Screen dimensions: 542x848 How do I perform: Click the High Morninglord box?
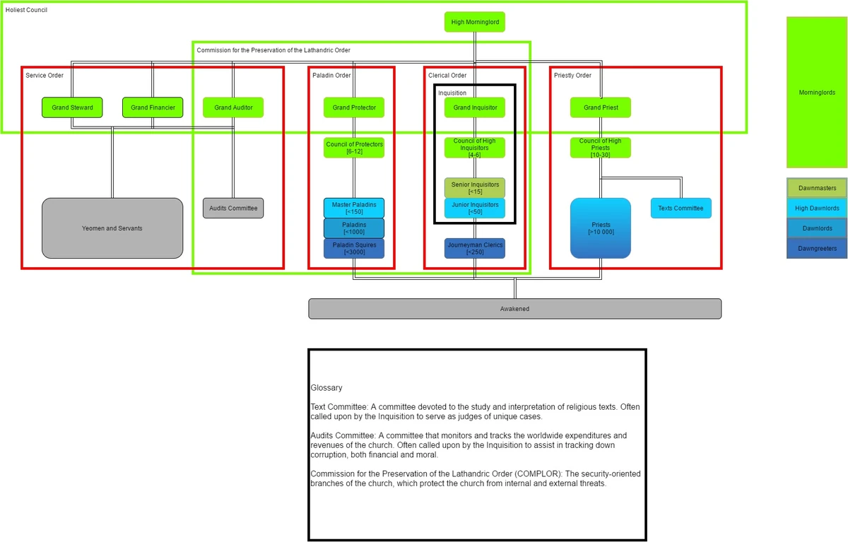(475, 22)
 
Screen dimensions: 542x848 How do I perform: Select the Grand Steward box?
(72, 107)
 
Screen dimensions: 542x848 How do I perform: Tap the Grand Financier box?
(153, 107)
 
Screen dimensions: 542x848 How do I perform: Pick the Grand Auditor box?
(233, 107)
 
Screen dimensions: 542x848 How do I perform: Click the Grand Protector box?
(354, 107)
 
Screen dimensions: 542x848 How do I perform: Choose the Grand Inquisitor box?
(475, 107)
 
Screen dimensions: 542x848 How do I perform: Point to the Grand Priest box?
(601, 107)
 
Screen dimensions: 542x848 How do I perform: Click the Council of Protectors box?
(354, 148)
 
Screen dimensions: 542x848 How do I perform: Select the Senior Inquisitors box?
(475, 188)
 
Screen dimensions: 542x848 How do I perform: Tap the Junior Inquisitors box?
(475, 208)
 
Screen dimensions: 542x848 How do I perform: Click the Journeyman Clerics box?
(475, 249)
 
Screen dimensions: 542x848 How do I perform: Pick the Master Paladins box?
(354, 208)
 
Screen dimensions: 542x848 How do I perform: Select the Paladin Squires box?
(354, 249)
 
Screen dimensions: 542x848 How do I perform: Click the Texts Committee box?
(681, 208)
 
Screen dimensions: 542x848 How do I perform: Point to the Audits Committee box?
(233, 208)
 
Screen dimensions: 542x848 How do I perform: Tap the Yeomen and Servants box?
(112, 228)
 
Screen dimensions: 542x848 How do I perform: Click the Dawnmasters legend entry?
(817, 188)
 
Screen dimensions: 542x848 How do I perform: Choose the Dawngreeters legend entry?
(817, 249)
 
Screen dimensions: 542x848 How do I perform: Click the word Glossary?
(326, 388)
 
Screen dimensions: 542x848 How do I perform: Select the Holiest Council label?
(26, 10)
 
